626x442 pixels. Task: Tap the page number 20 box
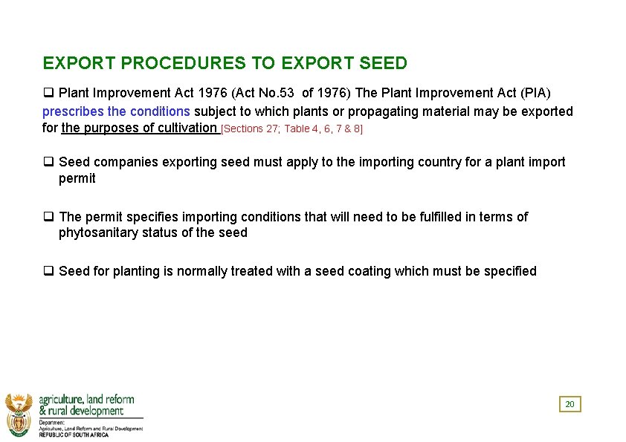pyautogui.click(x=569, y=404)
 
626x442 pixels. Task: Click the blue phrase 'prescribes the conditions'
pyautogui.click(x=116, y=111)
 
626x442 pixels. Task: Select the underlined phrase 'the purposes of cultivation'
pyautogui.click(x=138, y=128)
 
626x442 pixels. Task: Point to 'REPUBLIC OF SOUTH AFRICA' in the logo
pyautogui.click(x=74, y=435)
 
